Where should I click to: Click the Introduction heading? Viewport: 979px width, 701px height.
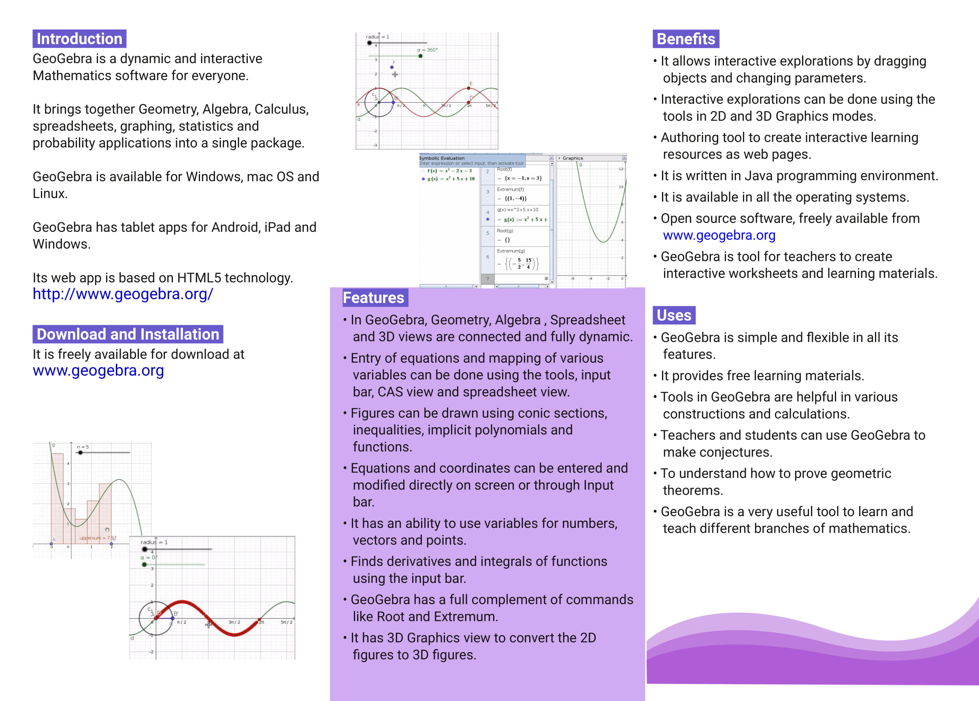tap(79, 39)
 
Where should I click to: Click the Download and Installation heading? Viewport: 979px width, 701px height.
tap(128, 335)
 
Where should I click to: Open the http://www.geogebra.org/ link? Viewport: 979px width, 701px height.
tap(123, 294)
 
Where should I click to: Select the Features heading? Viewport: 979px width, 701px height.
tap(373, 298)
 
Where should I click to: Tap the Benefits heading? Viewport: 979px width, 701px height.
tap(686, 39)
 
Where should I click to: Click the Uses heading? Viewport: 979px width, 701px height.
tap(674, 316)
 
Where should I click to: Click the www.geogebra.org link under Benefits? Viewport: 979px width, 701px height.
tap(719, 235)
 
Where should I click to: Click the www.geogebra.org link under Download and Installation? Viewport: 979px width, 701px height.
tap(98, 371)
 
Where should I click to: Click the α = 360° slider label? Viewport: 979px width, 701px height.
tap(427, 50)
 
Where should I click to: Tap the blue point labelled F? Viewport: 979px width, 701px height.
tap(392, 67)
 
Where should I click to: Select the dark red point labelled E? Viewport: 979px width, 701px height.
tap(469, 89)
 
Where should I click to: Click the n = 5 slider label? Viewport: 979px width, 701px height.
tap(83, 447)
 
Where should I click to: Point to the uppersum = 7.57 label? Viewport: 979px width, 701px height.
tap(98, 538)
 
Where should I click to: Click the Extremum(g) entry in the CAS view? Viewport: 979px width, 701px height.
tap(511, 251)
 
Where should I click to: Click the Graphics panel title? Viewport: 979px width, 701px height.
tap(573, 158)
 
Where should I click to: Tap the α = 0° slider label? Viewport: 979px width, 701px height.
tap(148, 558)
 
